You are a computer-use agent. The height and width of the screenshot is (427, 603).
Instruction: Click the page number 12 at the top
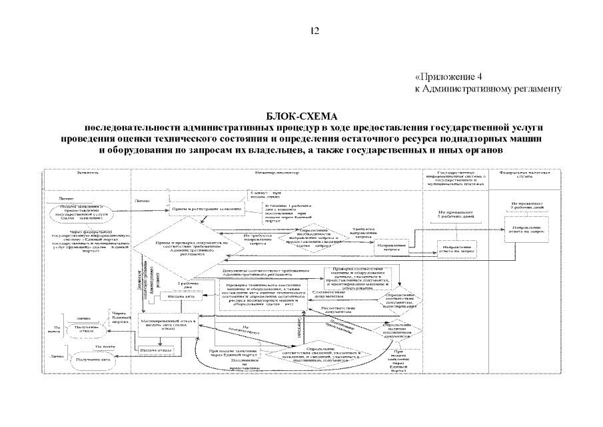315,31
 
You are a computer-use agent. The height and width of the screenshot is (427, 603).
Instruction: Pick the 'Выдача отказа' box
157,350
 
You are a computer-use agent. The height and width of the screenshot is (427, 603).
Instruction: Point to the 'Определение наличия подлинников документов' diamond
394,329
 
